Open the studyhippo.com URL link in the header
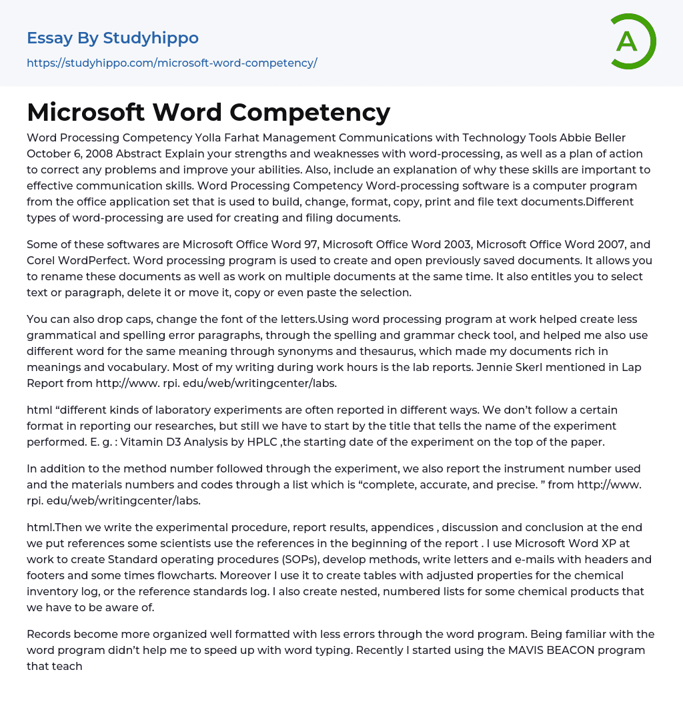coord(171,63)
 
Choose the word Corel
coord(41,260)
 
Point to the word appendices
coord(402,527)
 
